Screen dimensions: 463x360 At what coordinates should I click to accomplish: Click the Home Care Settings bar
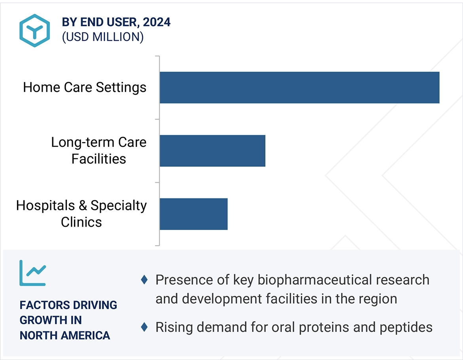[x=300, y=88]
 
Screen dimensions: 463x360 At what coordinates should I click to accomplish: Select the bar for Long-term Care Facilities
[x=213, y=151]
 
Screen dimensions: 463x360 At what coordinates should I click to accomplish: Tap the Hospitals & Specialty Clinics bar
[x=194, y=214]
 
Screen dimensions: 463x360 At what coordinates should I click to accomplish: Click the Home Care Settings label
[x=85, y=88]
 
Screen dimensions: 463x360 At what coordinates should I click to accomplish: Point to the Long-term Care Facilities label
[x=99, y=150]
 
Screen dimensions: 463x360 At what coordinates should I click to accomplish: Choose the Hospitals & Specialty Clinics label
[x=82, y=214]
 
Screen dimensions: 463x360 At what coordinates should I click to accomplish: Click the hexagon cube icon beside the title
[x=34, y=30]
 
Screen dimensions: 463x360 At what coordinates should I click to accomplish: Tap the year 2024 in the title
[x=156, y=22]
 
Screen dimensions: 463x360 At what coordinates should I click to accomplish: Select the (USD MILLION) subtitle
[x=103, y=37]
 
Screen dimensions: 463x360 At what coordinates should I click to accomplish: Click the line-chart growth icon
[x=33, y=273]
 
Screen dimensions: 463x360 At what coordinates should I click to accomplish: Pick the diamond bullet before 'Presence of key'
[x=144, y=280]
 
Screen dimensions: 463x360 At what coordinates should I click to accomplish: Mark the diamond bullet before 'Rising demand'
[x=144, y=327]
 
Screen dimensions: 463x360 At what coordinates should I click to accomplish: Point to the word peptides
[x=406, y=328]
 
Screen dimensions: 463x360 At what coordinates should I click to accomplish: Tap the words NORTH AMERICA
[x=65, y=335]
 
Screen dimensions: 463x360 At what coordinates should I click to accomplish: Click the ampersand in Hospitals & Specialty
[x=83, y=206]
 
